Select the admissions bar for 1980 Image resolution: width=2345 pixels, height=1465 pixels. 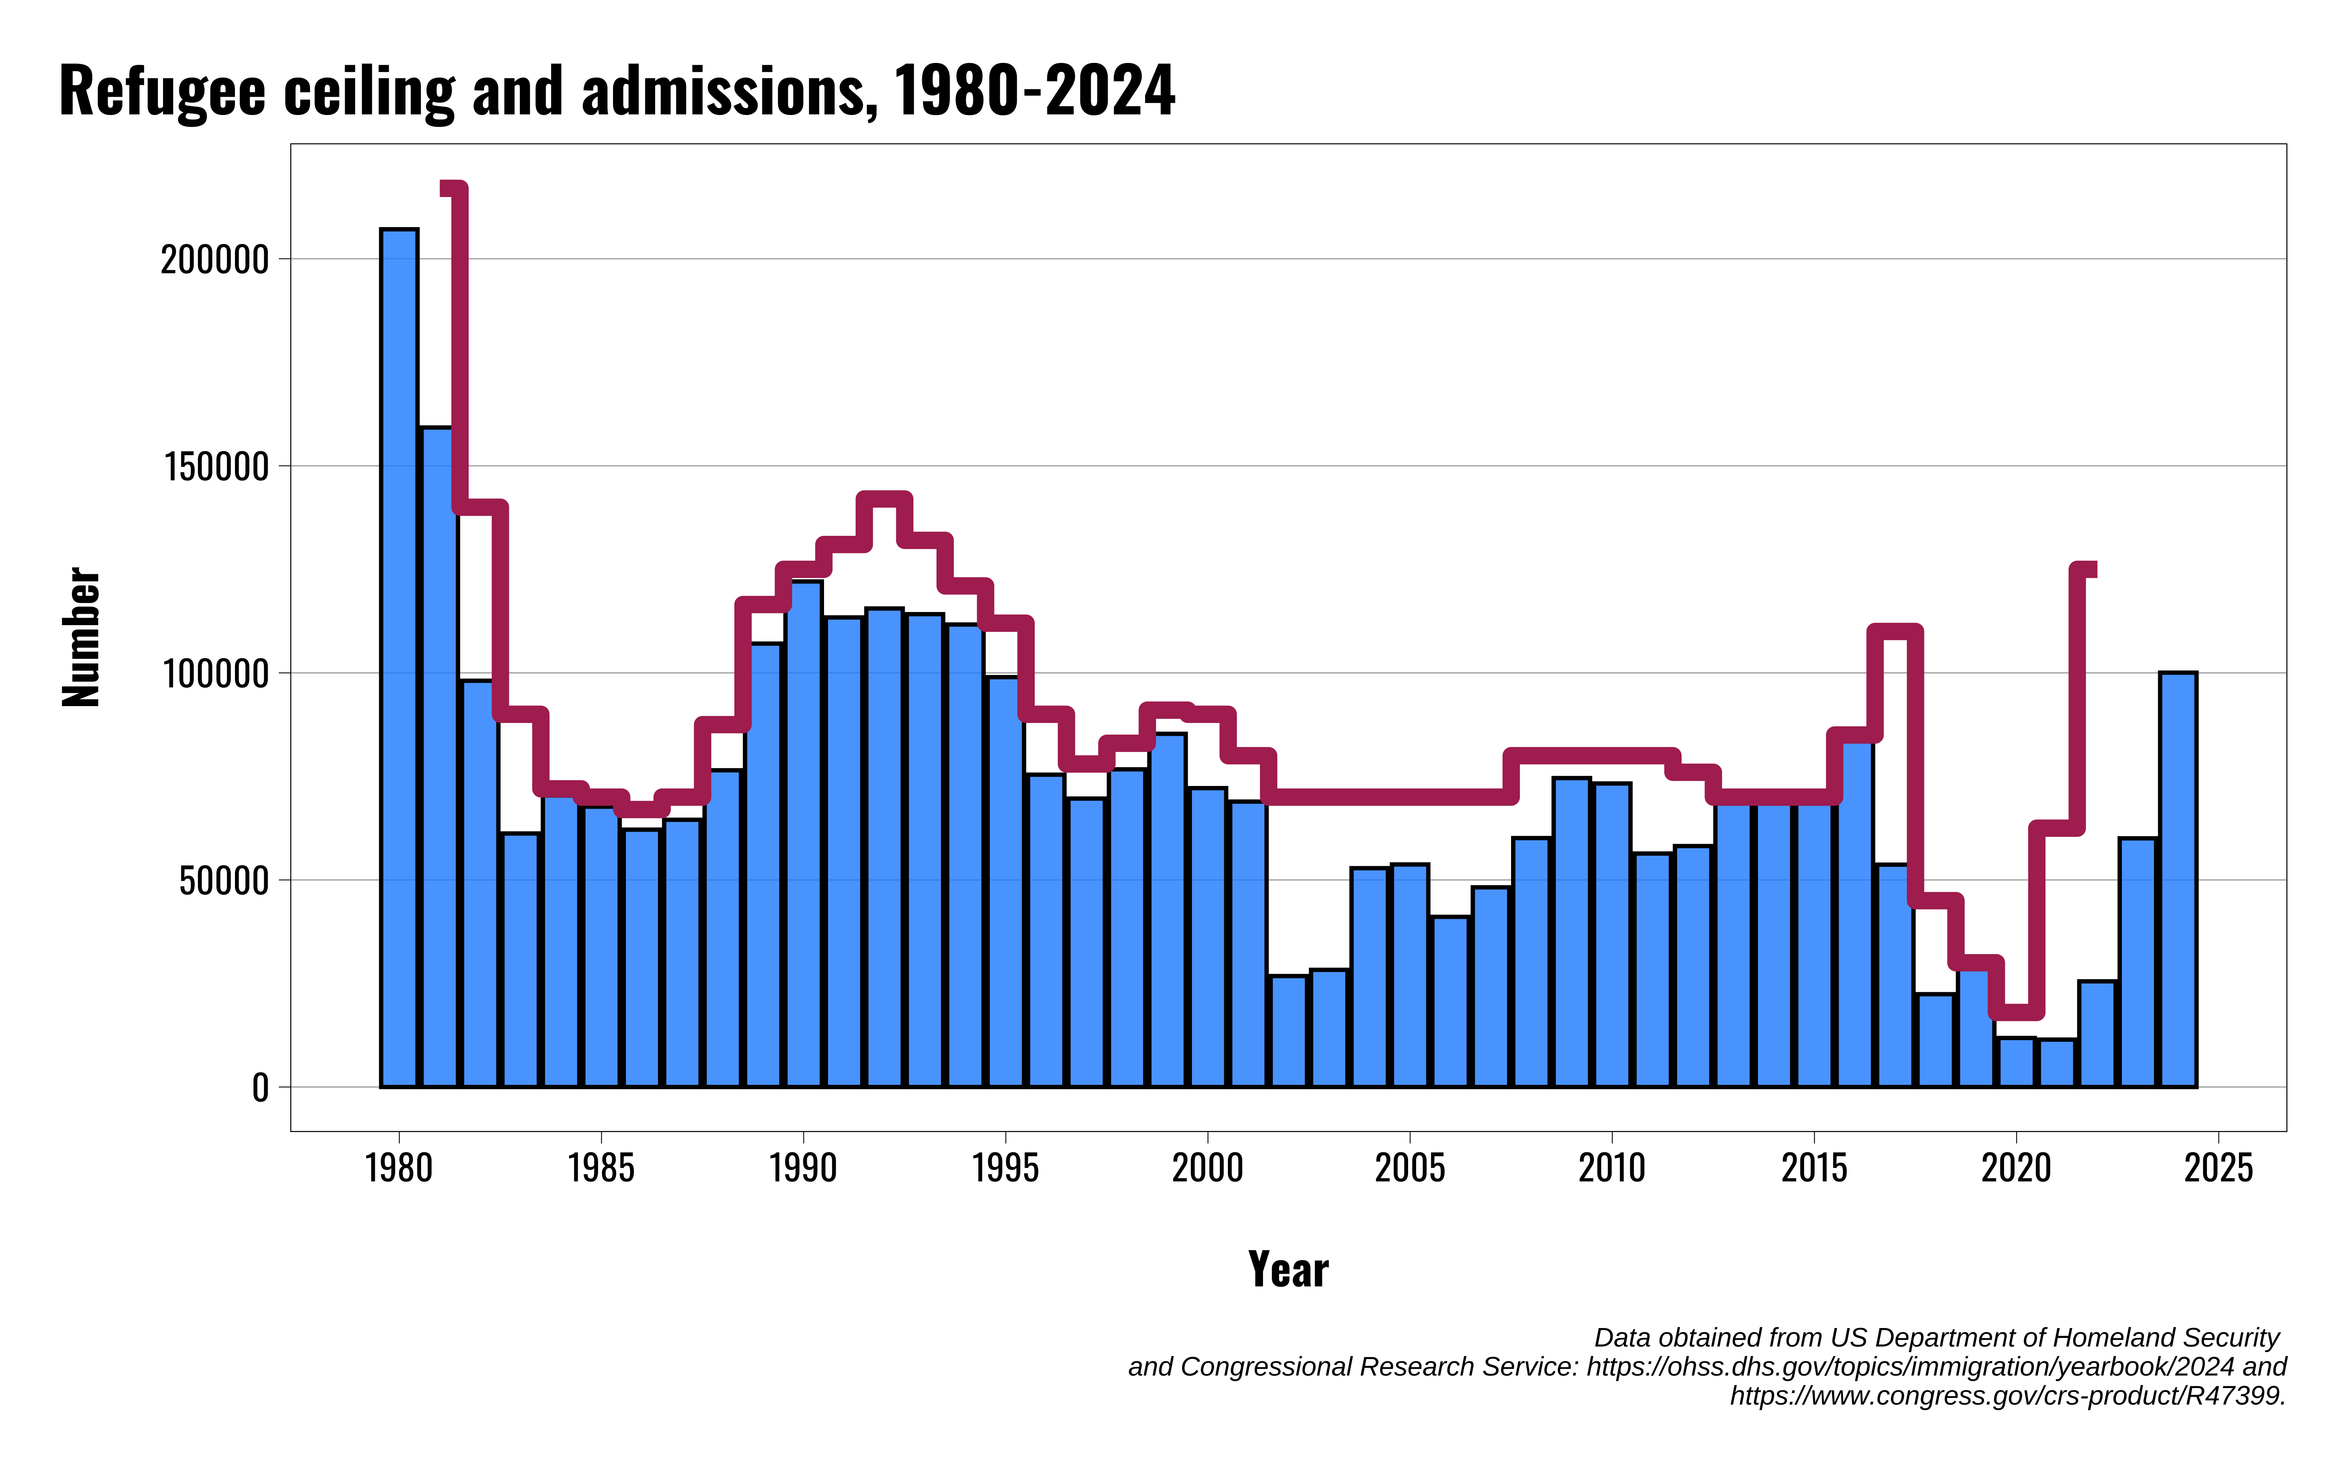coord(399,659)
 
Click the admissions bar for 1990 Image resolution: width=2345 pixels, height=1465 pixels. coord(804,833)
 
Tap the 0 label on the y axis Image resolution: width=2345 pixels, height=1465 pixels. coord(260,1088)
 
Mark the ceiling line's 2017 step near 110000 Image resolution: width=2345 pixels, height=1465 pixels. coord(1894,633)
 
